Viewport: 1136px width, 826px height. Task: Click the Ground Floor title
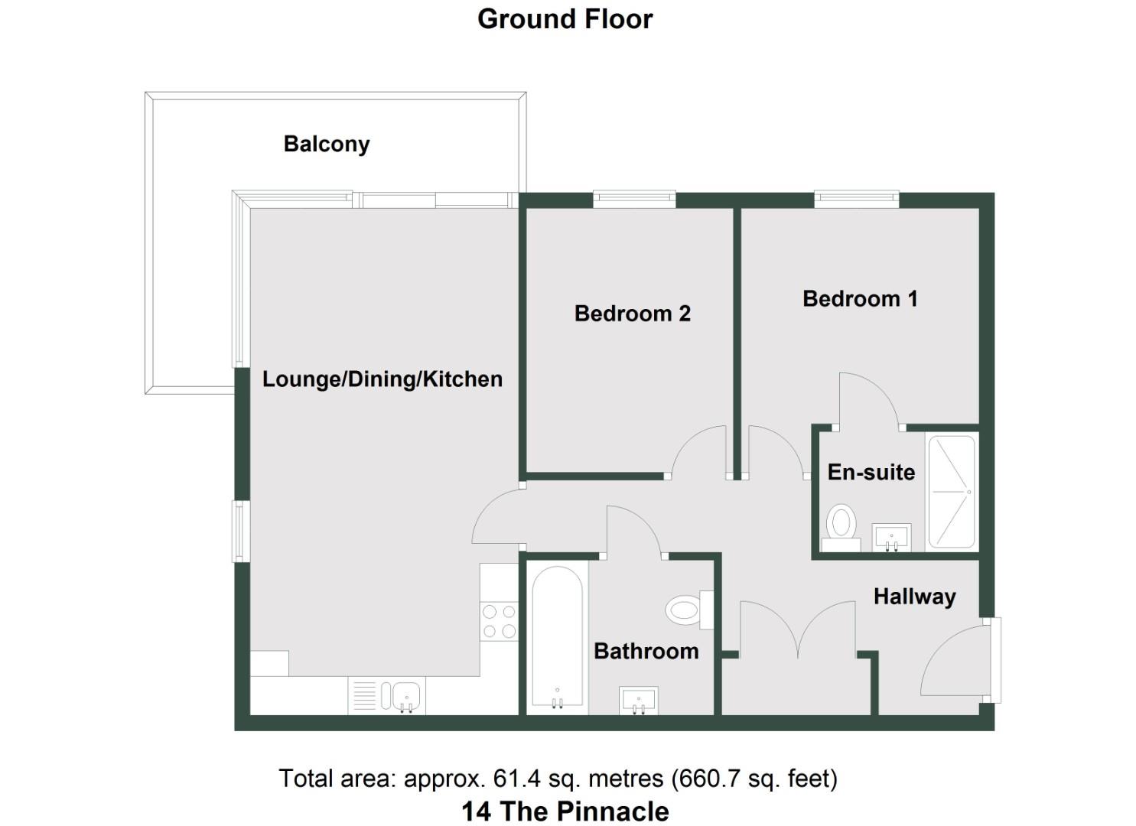(x=565, y=19)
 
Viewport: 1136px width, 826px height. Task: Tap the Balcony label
(x=326, y=144)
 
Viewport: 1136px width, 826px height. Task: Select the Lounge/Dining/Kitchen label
(x=382, y=379)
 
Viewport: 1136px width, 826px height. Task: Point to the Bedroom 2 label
(x=632, y=314)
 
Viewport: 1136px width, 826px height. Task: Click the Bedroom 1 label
(x=859, y=298)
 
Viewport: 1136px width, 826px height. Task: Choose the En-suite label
(x=871, y=472)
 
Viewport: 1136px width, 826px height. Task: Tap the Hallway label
(x=914, y=597)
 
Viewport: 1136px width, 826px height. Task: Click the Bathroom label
(x=646, y=651)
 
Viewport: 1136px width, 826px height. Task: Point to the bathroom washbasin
(x=638, y=700)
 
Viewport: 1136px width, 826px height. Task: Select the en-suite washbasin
(x=891, y=537)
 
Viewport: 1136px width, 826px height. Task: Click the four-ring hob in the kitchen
(x=498, y=620)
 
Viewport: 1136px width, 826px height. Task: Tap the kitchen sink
(x=405, y=696)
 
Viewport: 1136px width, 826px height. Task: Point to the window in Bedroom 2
(x=634, y=200)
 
